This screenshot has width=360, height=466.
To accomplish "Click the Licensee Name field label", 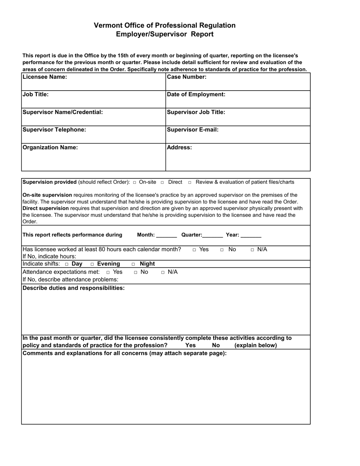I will [x=45, y=77].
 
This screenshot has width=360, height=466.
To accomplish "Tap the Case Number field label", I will [x=186, y=77].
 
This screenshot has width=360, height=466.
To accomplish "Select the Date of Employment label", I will [x=196, y=94].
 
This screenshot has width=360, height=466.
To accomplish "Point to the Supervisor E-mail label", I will [x=193, y=130].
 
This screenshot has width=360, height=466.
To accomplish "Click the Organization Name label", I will [x=50, y=147].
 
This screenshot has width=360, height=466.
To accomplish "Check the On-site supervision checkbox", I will [x=135, y=182].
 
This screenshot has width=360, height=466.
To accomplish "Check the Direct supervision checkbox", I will [x=162, y=182].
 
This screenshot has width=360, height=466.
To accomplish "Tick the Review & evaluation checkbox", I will [x=190, y=182].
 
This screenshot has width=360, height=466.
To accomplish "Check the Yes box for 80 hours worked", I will [x=194, y=250].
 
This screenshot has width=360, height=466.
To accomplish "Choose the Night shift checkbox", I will [x=133, y=264].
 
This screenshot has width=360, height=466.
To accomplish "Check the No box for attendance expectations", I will [x=136, y=272].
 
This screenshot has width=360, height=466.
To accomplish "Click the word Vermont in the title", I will [x=108, y=25].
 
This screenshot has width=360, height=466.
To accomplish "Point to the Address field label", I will [x=179, y=147].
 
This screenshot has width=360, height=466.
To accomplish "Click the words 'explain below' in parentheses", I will [x=256, y=345].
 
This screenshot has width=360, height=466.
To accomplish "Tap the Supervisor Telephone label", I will [x=54, y=130].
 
